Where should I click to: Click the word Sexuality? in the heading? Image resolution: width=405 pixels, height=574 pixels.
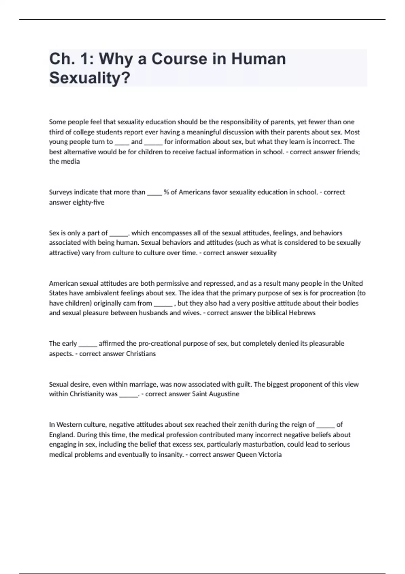point(89,78)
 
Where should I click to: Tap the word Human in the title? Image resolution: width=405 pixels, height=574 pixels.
point(258,59)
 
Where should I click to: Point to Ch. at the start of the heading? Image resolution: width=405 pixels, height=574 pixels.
point(62,59)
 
